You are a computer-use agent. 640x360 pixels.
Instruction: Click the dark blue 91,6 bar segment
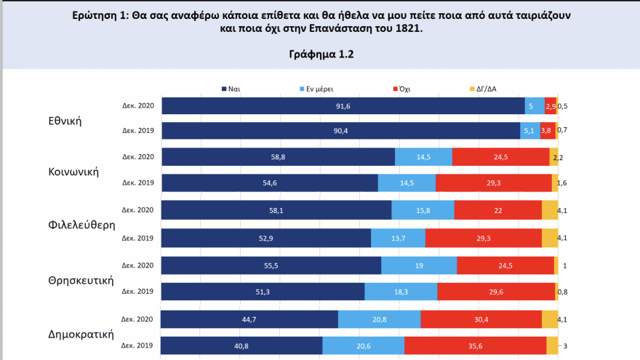pos(342,106)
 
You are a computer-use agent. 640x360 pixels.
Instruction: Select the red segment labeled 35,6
pos(475,346)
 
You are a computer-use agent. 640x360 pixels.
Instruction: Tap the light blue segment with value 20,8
pos(379,319)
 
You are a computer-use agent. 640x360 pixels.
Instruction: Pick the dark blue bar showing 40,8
pos(241,346)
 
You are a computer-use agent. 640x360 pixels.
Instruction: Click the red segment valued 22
pos(497,210)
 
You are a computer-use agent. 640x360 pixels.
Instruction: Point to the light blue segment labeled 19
pos(419,265)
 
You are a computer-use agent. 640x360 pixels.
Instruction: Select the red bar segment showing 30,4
pos(481,319)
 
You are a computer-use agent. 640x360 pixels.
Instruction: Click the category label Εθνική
pos(65,120)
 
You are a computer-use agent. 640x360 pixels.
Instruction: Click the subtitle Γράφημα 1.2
pos(319,55)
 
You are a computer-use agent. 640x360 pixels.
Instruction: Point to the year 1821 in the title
pos(408,29)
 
